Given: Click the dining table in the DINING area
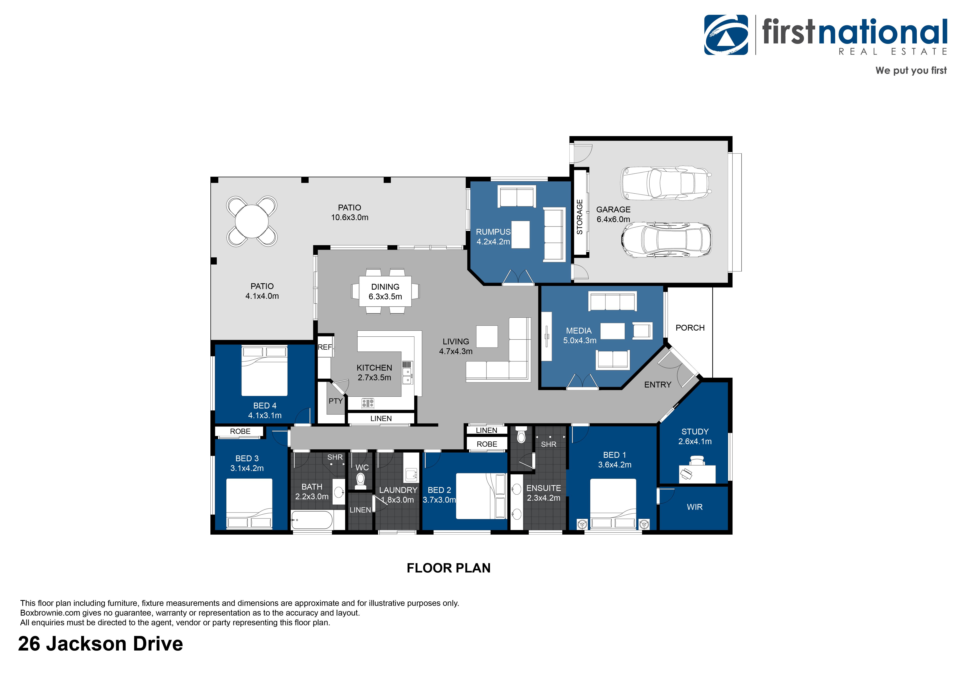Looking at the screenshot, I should pos(385,291).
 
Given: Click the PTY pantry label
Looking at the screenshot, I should pos(336,401).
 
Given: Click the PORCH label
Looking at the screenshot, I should pos(690,328).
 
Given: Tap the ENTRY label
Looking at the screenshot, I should pos(657,385).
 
